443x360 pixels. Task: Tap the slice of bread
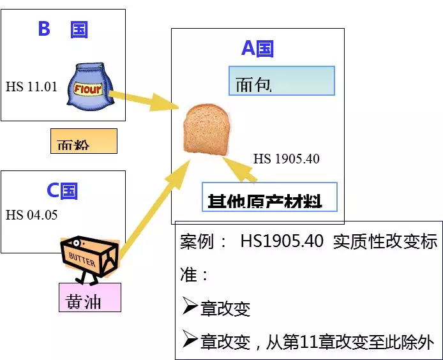205,130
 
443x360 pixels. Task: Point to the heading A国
257,48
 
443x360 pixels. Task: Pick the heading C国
62,190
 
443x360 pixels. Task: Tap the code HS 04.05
31,214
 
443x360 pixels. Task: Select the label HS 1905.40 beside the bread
286,158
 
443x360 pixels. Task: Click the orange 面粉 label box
84,141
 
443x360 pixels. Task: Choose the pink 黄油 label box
89,297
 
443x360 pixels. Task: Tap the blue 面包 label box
282,81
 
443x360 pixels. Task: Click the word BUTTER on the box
81,261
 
